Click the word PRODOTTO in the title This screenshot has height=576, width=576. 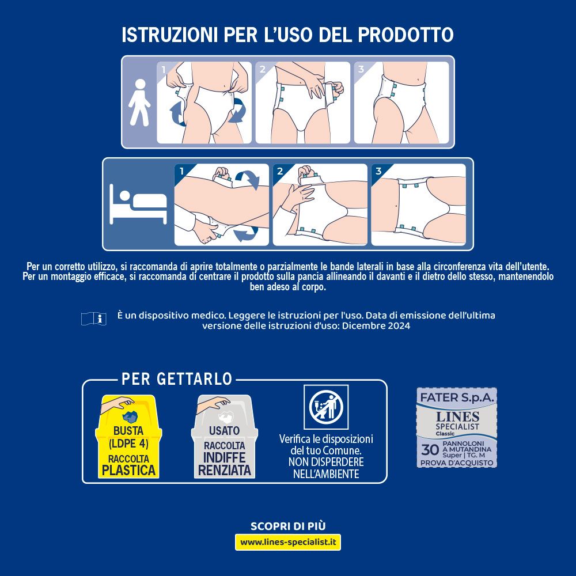coord(405,35)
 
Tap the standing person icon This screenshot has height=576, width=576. coord(139,103)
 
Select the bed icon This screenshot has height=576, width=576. coord(138,205)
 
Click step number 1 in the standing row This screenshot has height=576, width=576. coord(164,70)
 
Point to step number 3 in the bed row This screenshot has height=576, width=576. coord(378,171)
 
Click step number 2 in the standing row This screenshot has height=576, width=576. coord(263,70)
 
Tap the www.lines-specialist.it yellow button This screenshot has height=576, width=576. coord(288,542)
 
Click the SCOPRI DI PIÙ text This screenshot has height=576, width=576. coord(288,526)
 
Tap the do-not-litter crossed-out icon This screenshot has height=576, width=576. coord(326,407)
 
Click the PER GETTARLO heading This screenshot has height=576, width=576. coord(177,379)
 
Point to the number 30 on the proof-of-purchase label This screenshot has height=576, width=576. coord(430,450)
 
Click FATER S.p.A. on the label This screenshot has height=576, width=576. coord(457,397)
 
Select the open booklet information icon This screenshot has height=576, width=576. coord(94,319)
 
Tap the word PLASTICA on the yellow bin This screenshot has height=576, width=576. coord(129,470)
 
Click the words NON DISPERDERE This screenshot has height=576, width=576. coord(326,462)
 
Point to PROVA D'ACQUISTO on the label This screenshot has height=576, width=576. coord(457,463)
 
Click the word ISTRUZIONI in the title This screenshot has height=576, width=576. coord(168,35)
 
